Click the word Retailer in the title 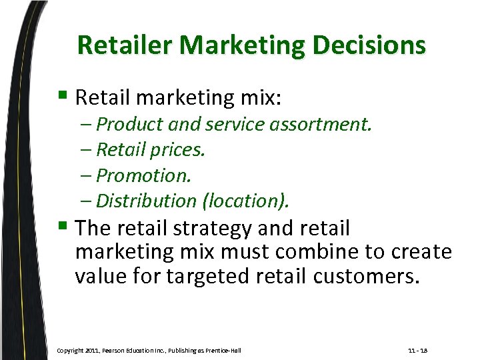pos(125,46)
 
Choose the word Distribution pos(146,201)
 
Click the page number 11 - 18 pos(418,350)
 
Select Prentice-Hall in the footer pos(222,350)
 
